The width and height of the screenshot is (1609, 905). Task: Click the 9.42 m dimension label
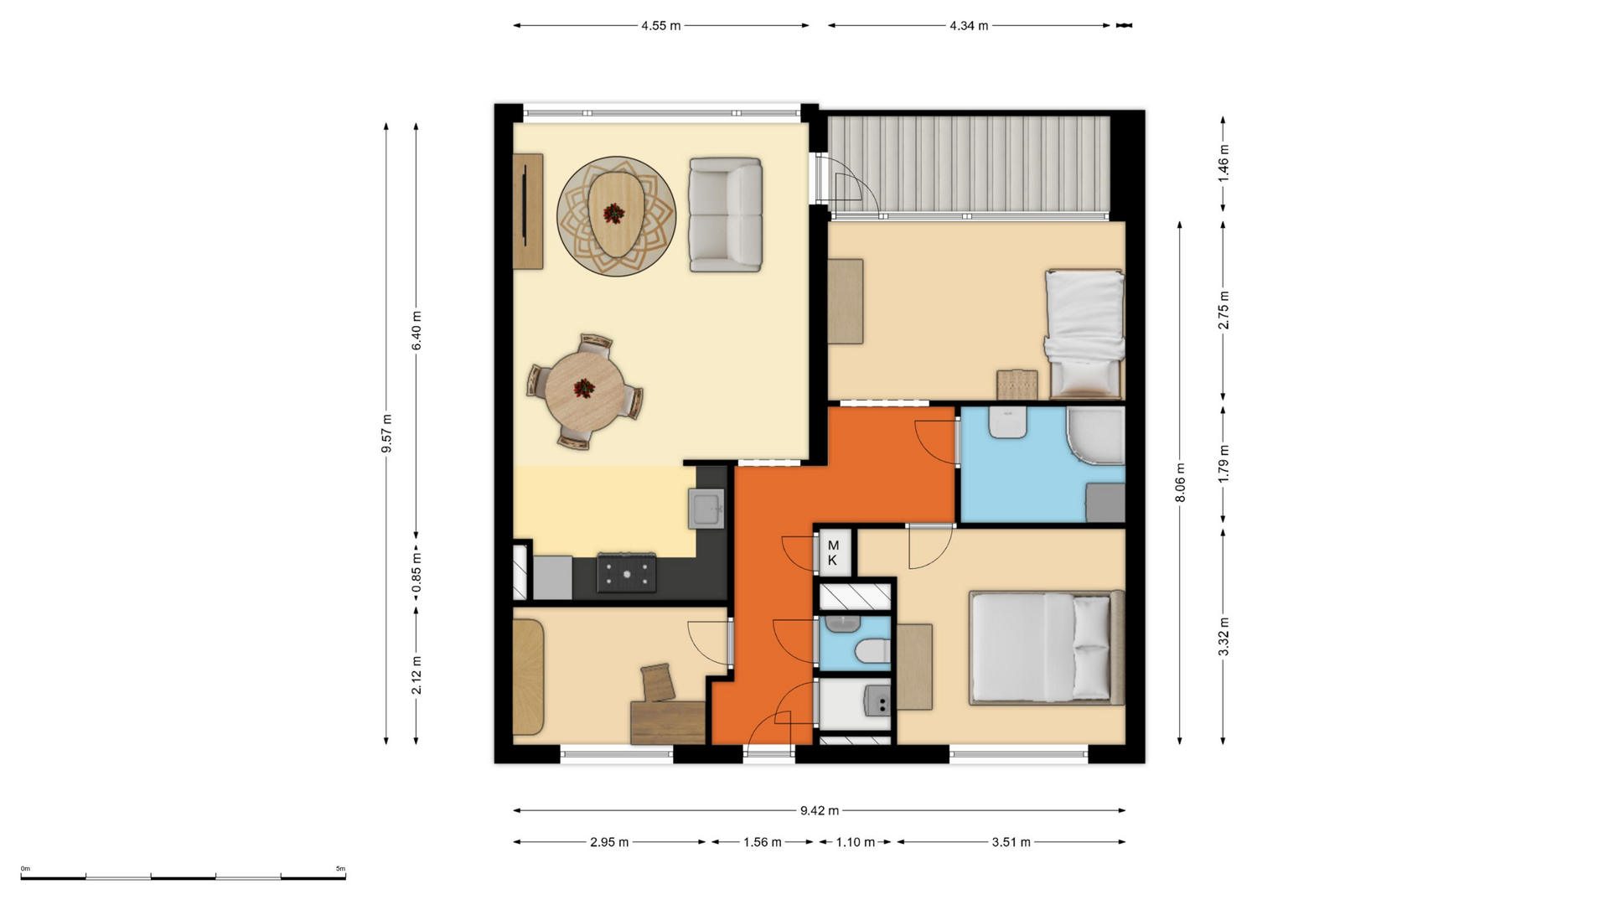click(x=819, y=810)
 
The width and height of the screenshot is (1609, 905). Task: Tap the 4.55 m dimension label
click(x=660, y=26)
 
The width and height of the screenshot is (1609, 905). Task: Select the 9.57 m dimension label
click(x=386, y=433)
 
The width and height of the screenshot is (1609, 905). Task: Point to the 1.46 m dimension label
click(x=1224, y=165)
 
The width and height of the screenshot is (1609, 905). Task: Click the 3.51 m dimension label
click(x=1011, y=842)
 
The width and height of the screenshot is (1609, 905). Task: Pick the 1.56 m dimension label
click(x=762, y=842)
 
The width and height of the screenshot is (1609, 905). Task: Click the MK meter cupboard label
click(x=833, y=553)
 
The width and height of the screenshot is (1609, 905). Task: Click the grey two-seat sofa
click(x=726, y=215)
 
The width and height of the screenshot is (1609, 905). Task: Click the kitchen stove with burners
click(x=626, y=574)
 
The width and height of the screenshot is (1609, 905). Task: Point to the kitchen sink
click(x=706, y=509)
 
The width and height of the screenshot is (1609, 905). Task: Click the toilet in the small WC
click(x=871, y=650)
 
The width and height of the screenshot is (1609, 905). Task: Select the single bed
click(x=1084, y=334)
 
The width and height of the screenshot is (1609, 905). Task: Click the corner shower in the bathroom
click(x=1095, y=436)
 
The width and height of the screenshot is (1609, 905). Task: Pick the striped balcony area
click(x=969, y=164)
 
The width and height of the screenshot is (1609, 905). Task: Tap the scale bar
click(x=183, y=877)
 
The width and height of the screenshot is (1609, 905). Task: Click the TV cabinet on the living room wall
click(x=528, y=211)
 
